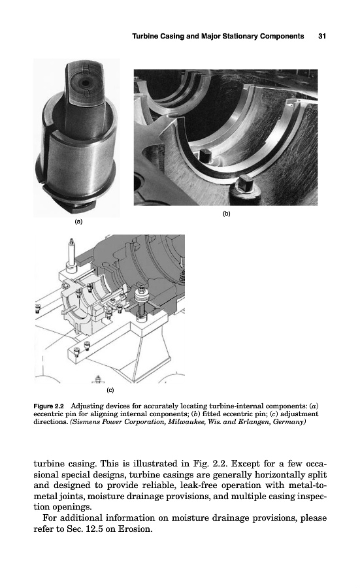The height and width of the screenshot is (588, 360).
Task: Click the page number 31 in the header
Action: [x=321, y=37]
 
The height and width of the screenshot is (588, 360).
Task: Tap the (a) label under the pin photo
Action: [x=78, y=221]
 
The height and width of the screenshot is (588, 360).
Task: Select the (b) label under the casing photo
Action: [x=226, y=214]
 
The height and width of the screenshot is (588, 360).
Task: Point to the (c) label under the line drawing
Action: [x=110, y=390]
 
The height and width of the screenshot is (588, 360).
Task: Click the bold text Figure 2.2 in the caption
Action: [x=49, y=406]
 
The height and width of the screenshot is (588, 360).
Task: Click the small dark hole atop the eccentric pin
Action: [x=86, y=83]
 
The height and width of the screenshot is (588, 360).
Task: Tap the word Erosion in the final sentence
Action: [x=135, y=529]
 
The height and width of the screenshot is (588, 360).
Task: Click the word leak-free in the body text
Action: [x=197, y=485]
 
